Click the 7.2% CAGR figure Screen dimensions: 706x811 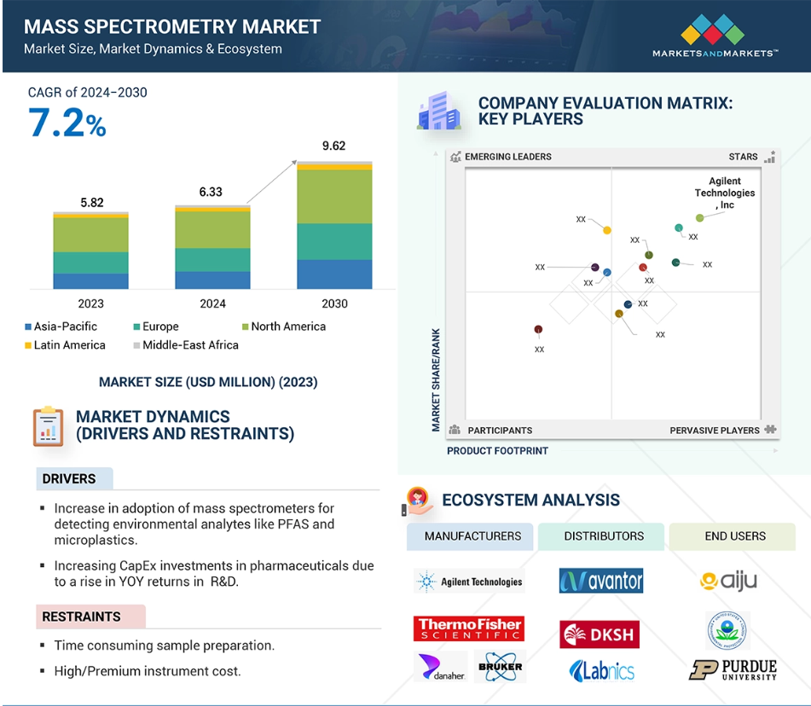pos(67,124)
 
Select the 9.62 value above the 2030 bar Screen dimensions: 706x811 pos(334,147)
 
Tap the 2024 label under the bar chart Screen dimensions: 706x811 pos(212,304)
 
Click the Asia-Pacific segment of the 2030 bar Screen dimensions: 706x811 pos(334,275)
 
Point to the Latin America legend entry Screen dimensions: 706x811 pos(65,345)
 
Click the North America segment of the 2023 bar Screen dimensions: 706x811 pos(90,234)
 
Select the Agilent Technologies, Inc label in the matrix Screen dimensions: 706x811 pos(725,193)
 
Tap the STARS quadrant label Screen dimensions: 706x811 pos(743,157)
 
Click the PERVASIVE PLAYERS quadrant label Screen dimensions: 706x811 pos(715,431)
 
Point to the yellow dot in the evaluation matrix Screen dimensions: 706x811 pos(607,230)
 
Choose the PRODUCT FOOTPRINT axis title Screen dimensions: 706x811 pos(497,450)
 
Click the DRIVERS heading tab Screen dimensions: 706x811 pos(70,479)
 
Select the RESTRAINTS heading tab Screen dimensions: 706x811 pos(82,616)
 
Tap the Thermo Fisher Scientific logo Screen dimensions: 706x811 pos(469,629)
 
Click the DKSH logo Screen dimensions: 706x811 pos(600,634)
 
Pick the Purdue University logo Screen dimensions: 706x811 pos(733,670)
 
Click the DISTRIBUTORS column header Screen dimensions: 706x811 pos(604,536)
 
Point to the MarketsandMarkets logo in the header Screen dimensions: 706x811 pos(715,38)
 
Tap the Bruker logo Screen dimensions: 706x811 pos(500,667)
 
